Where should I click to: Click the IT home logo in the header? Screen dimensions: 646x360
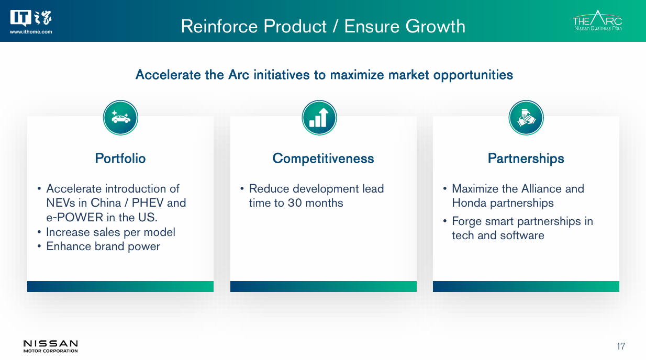coord(31,18)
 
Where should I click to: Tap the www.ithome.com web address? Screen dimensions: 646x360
coord(31,32)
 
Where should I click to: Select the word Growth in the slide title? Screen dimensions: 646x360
coord(435,26)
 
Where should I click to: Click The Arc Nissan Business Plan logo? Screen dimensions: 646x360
coord(597,20)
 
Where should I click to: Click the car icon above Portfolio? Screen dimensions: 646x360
coord(120,118)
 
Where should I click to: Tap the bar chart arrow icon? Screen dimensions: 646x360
coord(319,118)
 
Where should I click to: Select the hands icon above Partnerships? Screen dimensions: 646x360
coord(526,118)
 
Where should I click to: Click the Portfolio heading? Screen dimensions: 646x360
coord(120,158)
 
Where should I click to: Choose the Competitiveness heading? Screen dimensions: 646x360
coord(323,159)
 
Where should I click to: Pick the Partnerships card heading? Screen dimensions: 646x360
coord(526,159)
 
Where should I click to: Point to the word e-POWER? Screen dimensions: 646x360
coord(75,217)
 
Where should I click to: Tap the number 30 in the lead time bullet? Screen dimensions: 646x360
coord(295,203)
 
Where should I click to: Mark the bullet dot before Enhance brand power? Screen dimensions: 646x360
coord(39,246)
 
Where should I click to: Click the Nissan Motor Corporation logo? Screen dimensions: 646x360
coord(50,346)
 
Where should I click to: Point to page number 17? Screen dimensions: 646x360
coord(621,346)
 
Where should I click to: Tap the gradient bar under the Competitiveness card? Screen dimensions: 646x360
coord(324,287)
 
